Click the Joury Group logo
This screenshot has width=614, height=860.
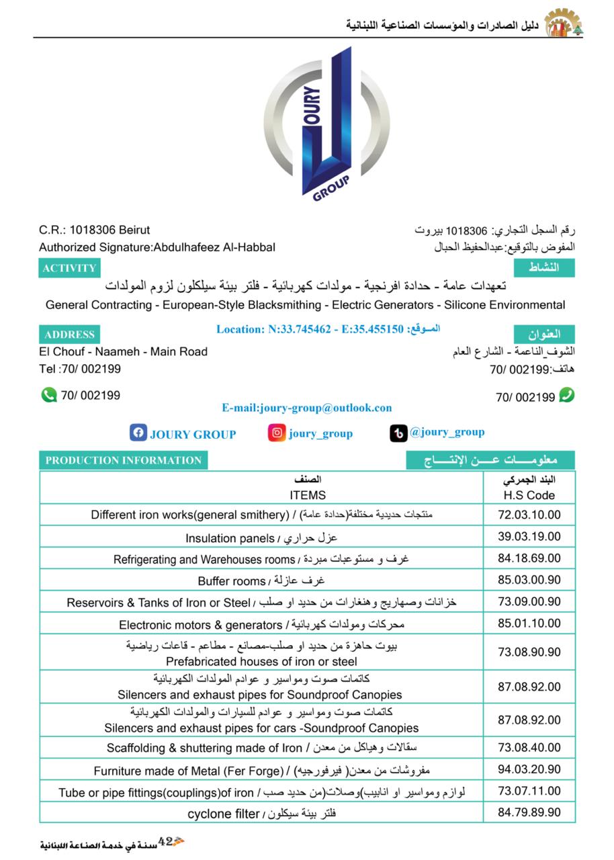tap(327, 124)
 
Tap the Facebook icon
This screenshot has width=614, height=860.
tap(138, 433)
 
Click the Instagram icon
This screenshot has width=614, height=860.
tap(276, 433)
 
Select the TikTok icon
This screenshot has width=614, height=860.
tap(398, 433)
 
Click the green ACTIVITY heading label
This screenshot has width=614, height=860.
tap(69, 268)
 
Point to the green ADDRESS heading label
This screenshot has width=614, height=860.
tap(69, 335)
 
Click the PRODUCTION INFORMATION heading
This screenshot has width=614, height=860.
tap(124, 460)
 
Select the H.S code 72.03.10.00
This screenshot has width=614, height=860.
tap(529, 515)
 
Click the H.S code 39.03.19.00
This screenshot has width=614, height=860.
tap(529, 537)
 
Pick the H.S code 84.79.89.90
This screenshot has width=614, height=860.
tap(529, 812)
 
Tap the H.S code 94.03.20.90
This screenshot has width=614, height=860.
tap(529, 769)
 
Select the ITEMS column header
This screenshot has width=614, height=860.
tap(308, 495)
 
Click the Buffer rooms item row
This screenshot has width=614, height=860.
tap(261, 580)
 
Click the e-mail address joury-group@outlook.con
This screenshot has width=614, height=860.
tap(307, 408)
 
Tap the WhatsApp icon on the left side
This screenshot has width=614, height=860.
tap(48, 395)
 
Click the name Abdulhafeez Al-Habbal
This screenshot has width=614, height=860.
tap(214, 247)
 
